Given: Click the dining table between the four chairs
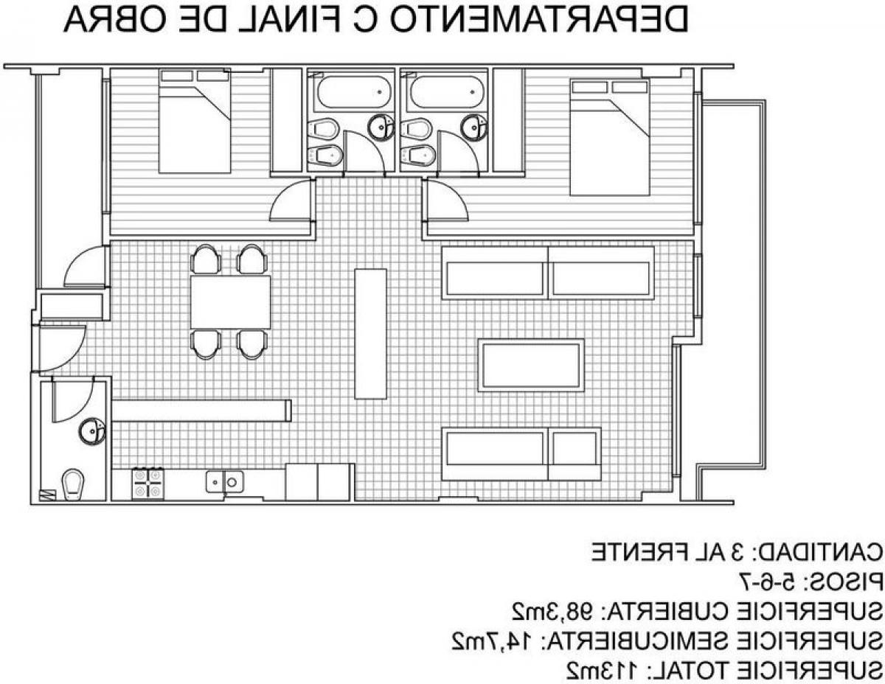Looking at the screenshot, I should click(230, 301).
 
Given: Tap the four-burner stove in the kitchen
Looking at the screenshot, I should click(147, 484).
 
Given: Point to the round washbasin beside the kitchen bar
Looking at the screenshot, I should click(92, 431).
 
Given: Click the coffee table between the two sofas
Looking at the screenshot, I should click(531, 365).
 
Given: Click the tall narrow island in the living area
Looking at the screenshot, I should click(370, 333).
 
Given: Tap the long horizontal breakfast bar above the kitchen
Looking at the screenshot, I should click(201, 411).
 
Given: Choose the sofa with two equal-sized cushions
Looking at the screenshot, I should click(548, 273).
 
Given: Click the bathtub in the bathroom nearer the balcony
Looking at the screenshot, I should click(446, 92).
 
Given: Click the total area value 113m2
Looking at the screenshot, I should click(604, 671).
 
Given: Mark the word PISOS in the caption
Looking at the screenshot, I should click(844, 582).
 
